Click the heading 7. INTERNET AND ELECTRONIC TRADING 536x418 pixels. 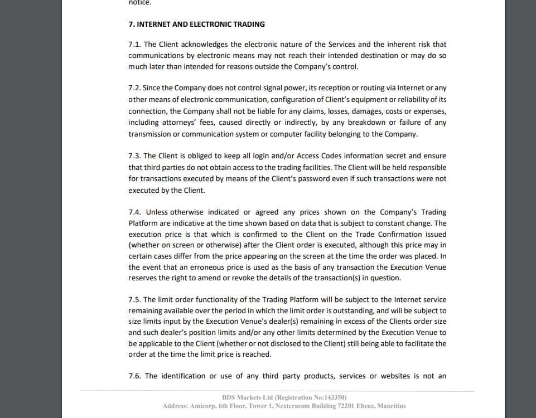click(196, 24)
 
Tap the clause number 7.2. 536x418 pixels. click(134, 88)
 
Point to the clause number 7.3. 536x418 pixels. click(134, 155)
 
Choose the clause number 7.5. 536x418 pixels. click(134, 299)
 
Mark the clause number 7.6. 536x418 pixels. click(135, 376)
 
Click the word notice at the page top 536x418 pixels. click(139, 2)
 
